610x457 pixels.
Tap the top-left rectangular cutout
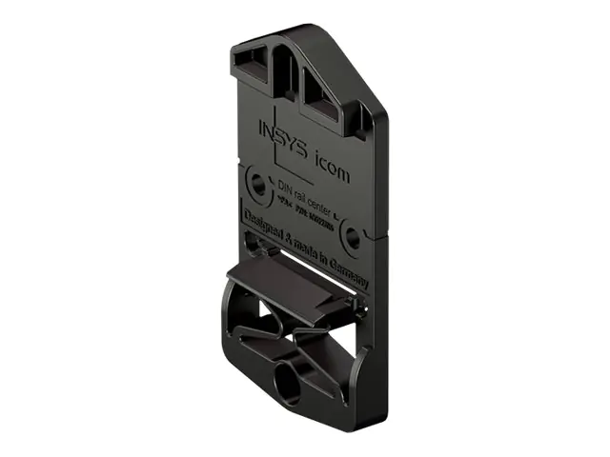pyautogui.click(x=254, y=63)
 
